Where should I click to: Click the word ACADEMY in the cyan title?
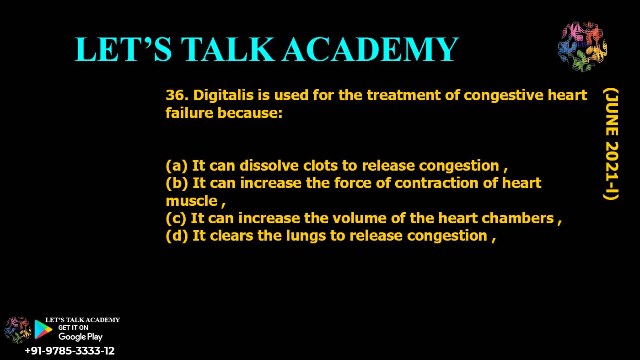(370, 49)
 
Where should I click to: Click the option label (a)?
(177, 165)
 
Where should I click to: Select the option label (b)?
(177, 183)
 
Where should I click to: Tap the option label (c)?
(176, 218)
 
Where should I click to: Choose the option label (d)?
(177, 236)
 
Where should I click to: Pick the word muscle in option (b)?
(192, 200)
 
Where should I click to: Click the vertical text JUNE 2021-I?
(610, 144)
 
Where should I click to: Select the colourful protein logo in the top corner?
(582, 47)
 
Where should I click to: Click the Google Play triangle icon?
(43, 329)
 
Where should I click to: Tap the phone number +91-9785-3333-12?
(70, 351)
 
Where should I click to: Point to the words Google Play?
(81, 337)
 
